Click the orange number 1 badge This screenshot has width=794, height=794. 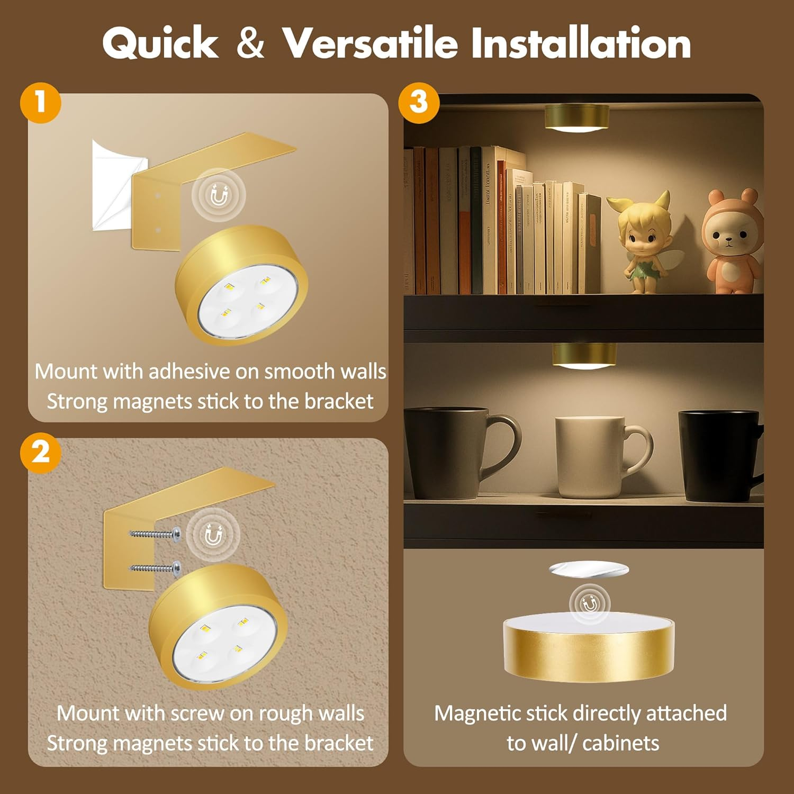point(41,102)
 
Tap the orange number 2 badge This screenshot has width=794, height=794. point(41,453)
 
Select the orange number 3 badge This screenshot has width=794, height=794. point(418,102)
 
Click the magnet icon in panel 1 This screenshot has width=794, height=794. point(219,196)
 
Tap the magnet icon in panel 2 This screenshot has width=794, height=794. point(213,536)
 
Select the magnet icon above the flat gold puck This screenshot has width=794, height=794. point(590,603)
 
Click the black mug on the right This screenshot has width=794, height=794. point(720,455)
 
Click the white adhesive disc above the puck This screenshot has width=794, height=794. point(589,570)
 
